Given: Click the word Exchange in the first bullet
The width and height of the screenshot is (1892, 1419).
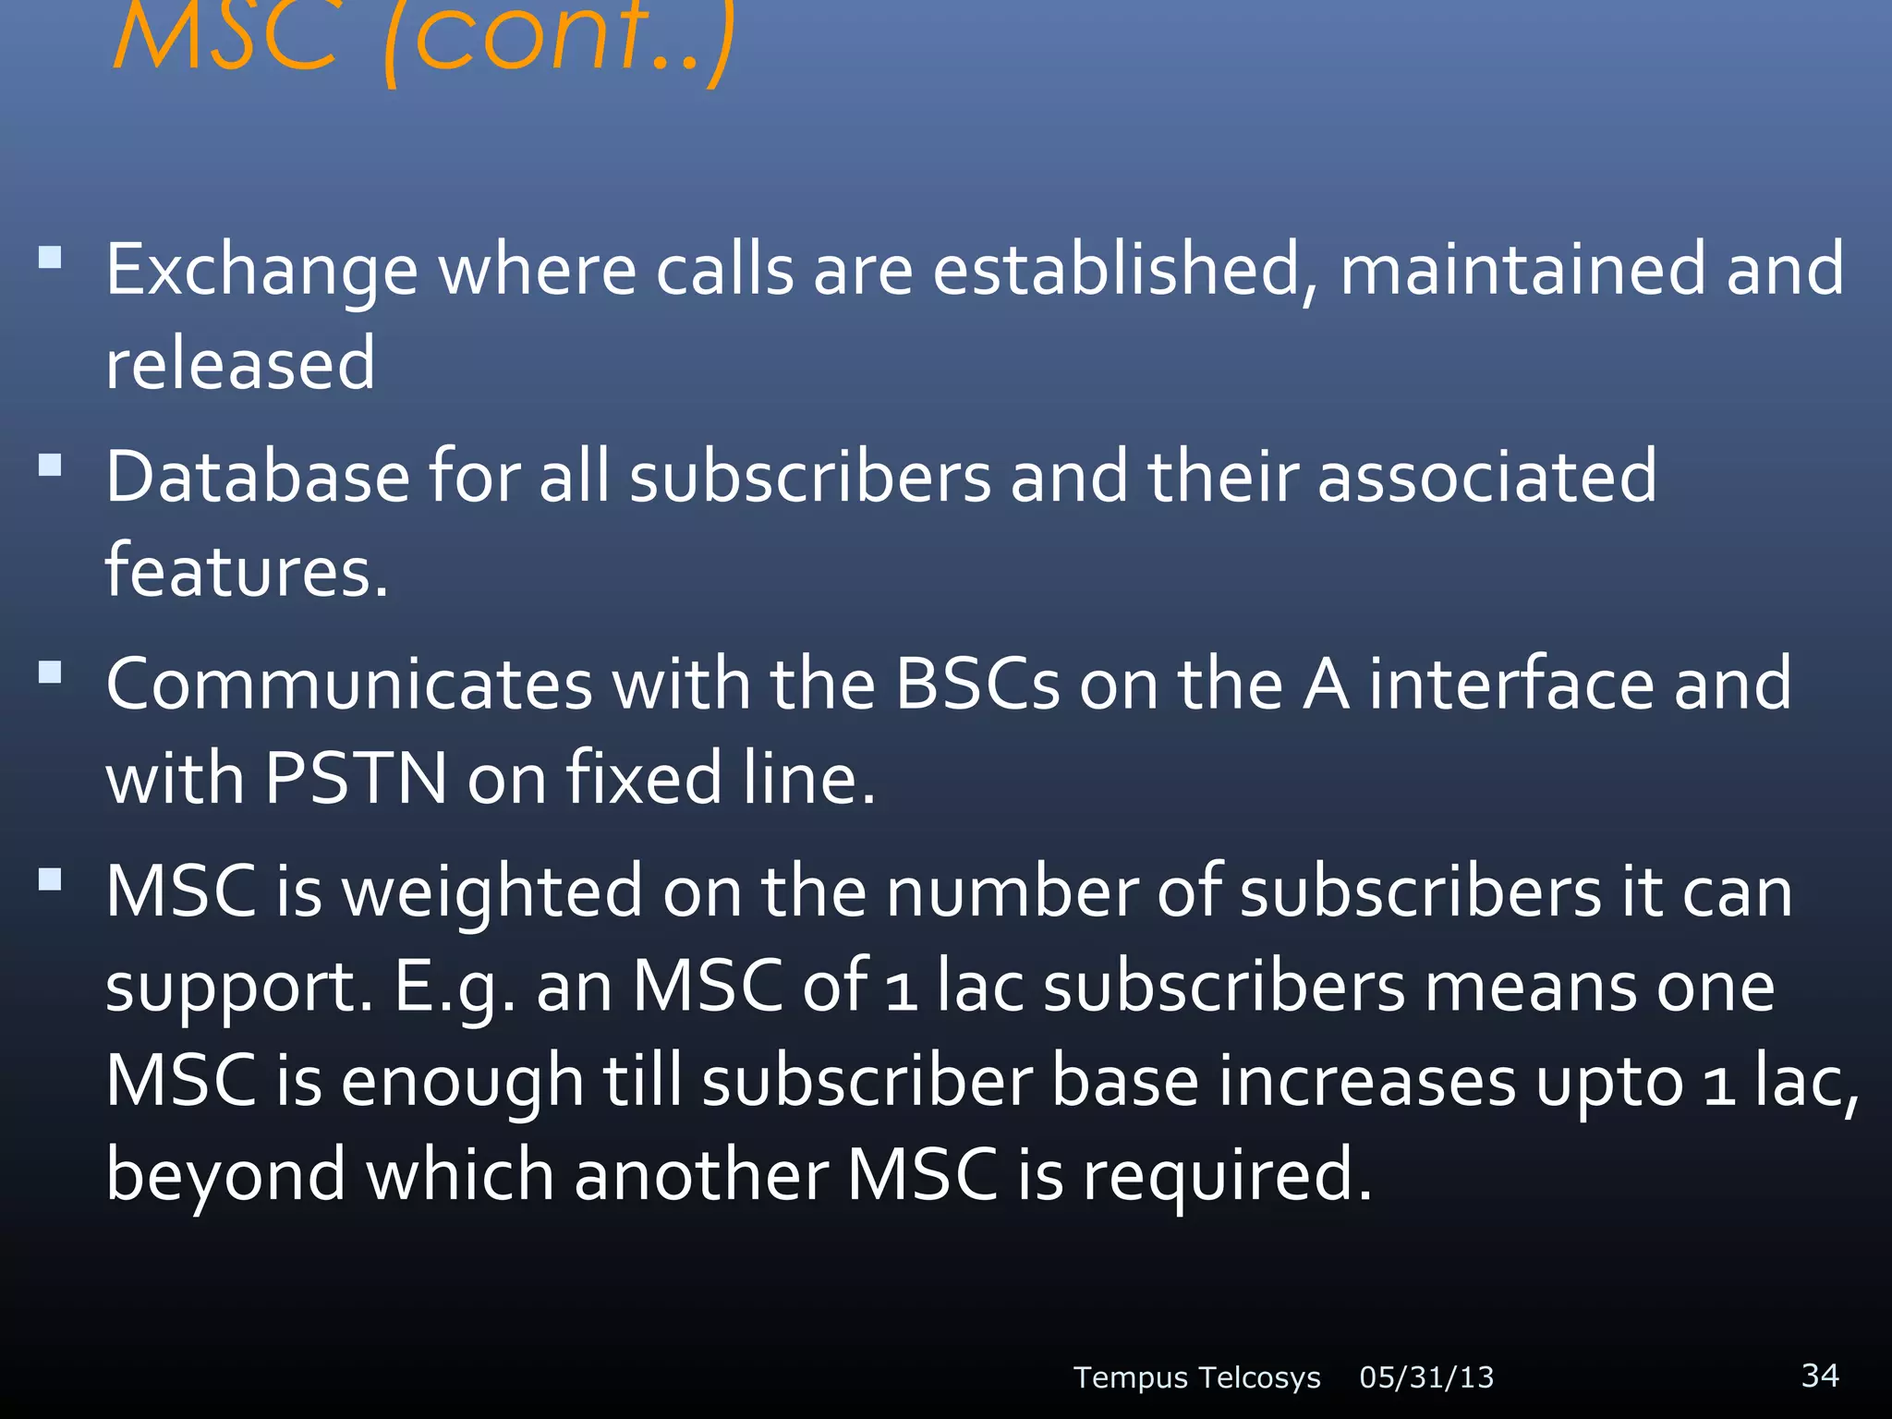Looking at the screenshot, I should pos(261,272).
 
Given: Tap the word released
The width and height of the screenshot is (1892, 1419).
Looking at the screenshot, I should pos(240,363).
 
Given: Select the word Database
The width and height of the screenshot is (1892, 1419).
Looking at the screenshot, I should pos(257,477).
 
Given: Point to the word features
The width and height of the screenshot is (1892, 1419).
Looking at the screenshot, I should pos(246,570).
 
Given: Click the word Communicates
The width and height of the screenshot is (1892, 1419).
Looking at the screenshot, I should pos(348,685).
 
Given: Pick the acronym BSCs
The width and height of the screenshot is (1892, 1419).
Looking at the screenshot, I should pos(976,685).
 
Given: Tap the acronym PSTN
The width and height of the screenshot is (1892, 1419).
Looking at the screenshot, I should pos(356,778).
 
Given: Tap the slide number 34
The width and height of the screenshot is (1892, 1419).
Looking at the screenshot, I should pos(1820,1375).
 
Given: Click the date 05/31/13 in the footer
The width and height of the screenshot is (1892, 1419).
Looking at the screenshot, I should pos(1426,1377).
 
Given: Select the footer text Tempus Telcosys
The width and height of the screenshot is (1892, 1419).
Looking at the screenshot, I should pos(1196,1377).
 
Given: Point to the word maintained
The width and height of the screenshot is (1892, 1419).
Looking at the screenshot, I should pos(1522,270).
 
